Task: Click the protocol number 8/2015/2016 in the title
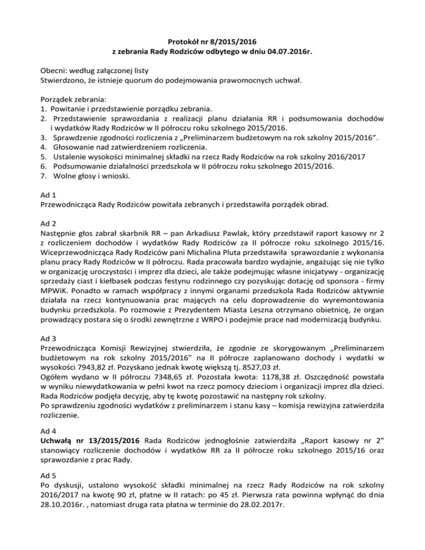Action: (236, 40)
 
